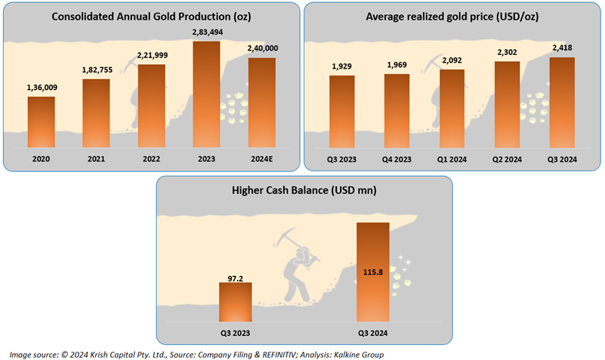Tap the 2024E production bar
point(261,101)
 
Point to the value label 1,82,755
point(96,70)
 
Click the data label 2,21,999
point(151,56)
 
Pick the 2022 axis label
point(151,160)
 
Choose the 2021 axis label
point(96,160)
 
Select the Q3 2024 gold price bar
point(562,101)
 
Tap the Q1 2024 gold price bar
point(452,107)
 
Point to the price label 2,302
point(507,53)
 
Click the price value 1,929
point(341,67)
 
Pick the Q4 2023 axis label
point(397,160)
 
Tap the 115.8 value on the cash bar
point(373,272)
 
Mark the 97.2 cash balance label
point(235,276)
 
